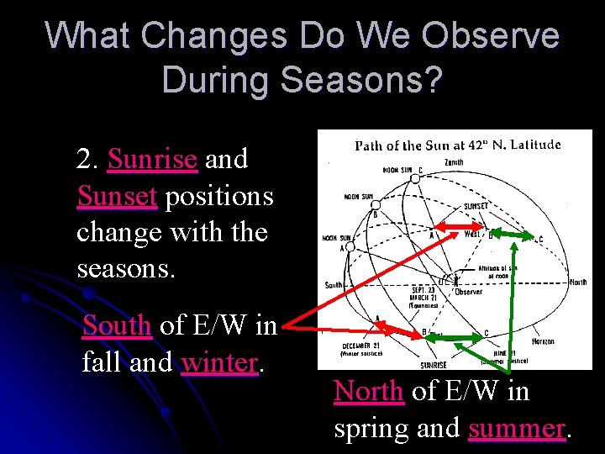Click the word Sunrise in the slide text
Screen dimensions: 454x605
[x=152, y=159]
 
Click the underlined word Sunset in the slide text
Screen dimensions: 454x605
[x=117, y=196]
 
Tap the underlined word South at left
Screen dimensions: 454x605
[x=117, y=325]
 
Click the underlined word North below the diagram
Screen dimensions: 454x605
[x=369, y=391]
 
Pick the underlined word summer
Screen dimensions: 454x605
[x=517, y=428]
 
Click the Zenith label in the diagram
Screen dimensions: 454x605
[x=454, y=161]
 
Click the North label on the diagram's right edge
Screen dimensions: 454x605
[x=577, y=282]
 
